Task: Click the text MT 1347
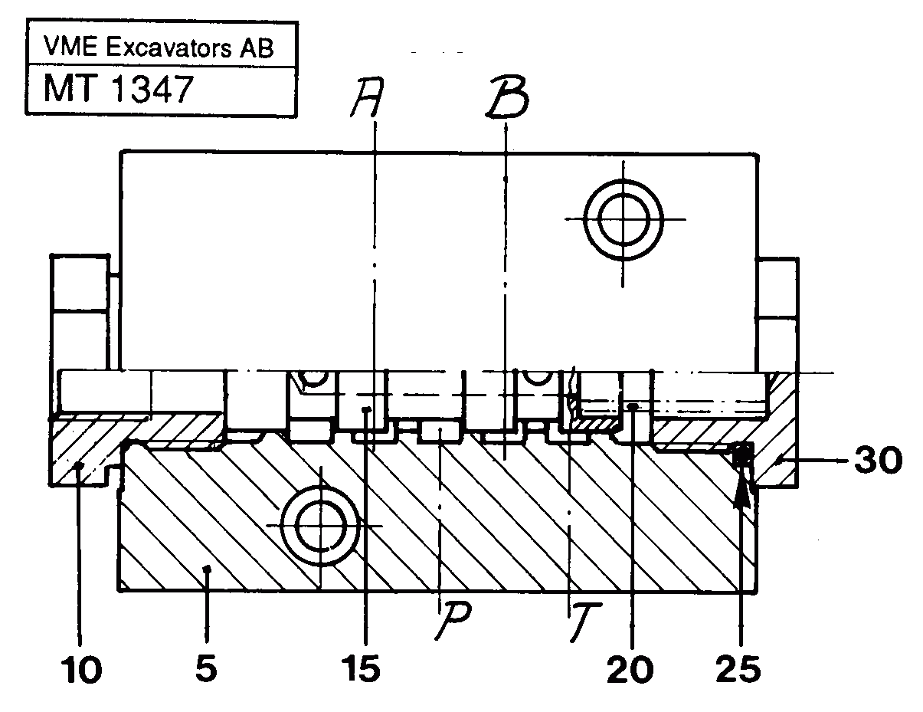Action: [x=116, y=90]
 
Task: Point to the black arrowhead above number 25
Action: [x=741, y=491]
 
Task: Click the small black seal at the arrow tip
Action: [x=741, y=456]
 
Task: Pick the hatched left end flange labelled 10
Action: [x=84, y=452]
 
